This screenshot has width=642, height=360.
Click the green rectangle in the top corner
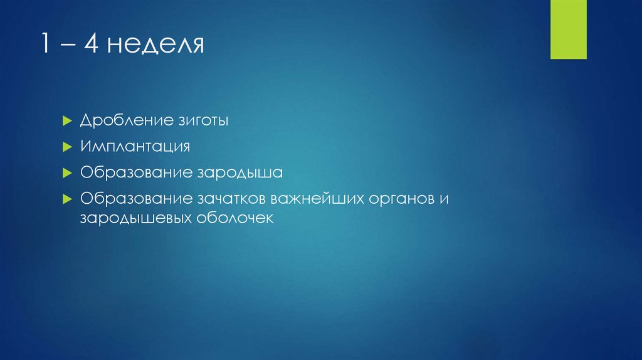(568, 29)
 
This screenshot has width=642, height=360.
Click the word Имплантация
(135, 146)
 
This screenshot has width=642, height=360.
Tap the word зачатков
(231, 198)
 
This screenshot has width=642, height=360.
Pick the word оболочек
(236, 219)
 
